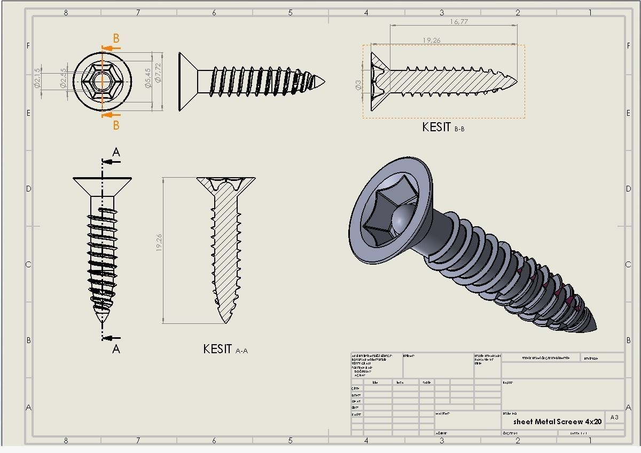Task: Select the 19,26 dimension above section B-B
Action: (432, 41)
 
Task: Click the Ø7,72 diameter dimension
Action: (158, 75)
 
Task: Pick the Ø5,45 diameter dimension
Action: (148, 78)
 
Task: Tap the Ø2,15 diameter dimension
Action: (37, 78)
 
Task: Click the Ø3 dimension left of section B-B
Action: (358, 85)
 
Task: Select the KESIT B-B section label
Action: (443, 128)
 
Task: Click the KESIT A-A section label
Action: (225, 349)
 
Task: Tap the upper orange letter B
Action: (116, 38)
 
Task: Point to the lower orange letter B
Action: (116, 125)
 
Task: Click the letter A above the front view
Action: (116, 153)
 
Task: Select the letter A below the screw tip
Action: (116, 349)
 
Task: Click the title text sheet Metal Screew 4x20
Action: (557, 422)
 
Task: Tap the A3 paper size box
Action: (614, 417)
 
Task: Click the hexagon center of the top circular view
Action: (101, 82)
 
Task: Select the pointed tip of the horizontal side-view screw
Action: (323, 82)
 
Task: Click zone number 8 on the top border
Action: (66, 12)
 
